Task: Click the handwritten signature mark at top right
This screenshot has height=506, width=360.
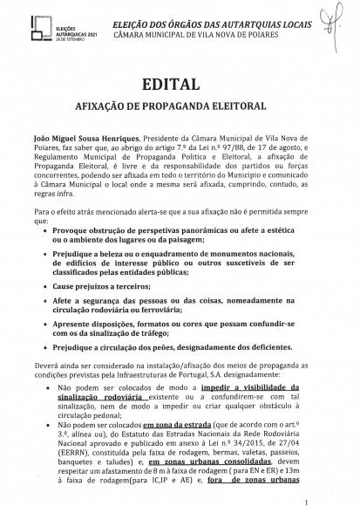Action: point(331,16)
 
